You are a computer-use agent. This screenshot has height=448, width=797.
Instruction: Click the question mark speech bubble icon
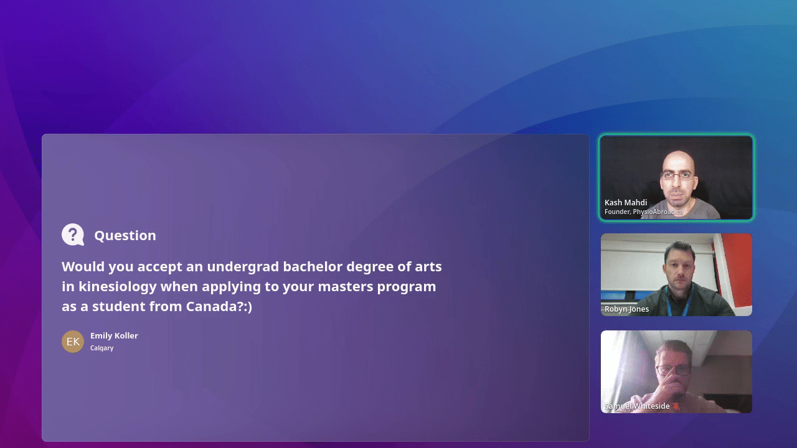[x=73, y=235]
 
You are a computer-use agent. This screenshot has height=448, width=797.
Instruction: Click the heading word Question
[x=125, y=235]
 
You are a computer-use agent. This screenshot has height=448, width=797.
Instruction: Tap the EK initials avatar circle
[x=73, y=342]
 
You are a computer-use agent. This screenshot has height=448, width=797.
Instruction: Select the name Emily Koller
[x=114, y=335]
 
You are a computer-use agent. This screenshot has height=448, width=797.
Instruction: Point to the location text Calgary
[x=101, y=348]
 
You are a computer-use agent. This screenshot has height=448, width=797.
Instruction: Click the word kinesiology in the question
[x=118, y=287]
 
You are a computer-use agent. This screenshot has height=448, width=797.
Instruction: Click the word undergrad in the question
[x=243, y=267]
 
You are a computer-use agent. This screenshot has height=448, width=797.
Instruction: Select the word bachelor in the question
[x=313, y=267]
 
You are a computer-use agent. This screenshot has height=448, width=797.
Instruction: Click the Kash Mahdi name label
[x=626, y=202]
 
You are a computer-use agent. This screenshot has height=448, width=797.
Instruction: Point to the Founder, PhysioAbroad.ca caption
[x=643, y=212]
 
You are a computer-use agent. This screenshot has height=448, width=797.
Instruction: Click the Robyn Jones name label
[x=626, y=309]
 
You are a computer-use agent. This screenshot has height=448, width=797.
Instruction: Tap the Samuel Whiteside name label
[x=637, y=406]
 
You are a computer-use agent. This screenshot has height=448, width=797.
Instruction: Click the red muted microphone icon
[x=676, y=406]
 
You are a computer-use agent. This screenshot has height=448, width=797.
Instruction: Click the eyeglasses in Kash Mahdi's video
[x=678, y=175]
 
